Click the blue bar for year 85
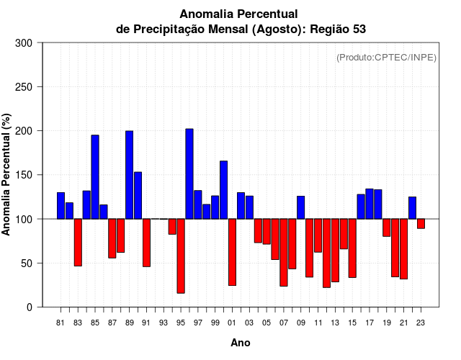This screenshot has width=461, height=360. (x=95, y=176)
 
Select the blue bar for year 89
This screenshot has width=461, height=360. (x=130, y=175)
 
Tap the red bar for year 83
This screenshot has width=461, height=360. (x=78, y=242)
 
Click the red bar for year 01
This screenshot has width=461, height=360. (x=233, y=252)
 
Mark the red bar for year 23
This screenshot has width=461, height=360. (x=421, y=223)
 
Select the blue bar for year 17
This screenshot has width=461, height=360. (x=370, y=204)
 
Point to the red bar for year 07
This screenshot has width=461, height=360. (x=284, y=252)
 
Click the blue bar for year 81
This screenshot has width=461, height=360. (x=61, y=206)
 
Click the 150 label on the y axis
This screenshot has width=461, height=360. (x=24, y=175)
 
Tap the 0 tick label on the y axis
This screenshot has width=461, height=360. (x=29, y=307)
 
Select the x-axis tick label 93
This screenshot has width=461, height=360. (x=164, y=322)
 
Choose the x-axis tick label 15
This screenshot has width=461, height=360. (x=352, y=322)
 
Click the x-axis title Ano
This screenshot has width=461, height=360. (x=241, y=343)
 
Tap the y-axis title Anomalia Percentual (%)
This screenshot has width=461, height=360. (x=6, y=175)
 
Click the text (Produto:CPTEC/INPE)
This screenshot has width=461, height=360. (x=386, y=58)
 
